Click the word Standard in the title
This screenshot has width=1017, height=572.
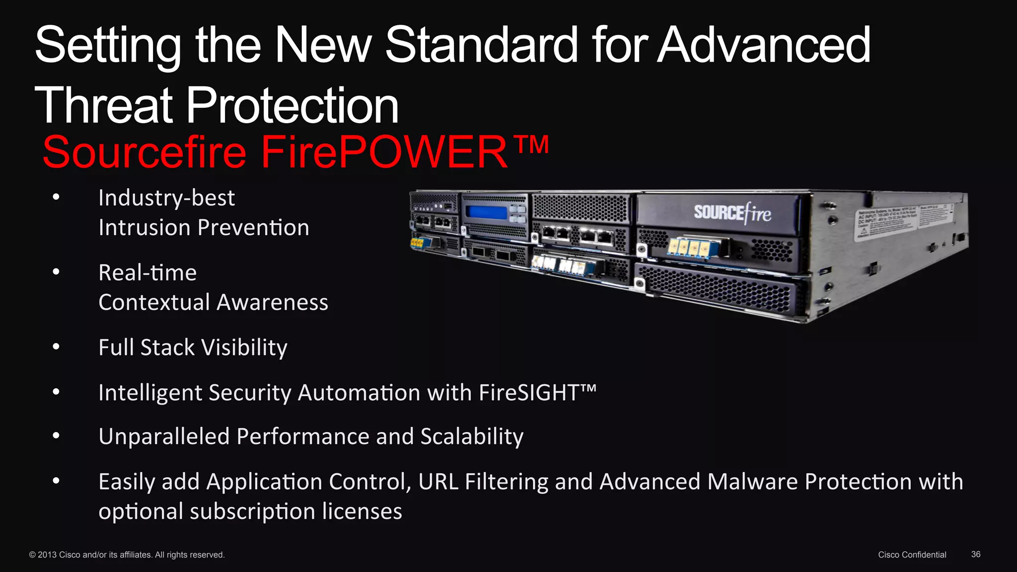tap(481, 45)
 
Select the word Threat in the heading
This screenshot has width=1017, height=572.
tap(103, 105)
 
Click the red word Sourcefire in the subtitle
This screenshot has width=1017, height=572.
tap(144, 152)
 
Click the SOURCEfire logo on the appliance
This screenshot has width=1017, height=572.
tap(732, 213)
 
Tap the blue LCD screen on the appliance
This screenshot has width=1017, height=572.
tap(486, 213)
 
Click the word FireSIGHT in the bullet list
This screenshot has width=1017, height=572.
tap(529, 393)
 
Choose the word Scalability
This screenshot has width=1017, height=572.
tap(472, 437)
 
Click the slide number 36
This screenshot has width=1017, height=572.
tap(975, 554)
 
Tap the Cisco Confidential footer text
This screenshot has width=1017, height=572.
tap(912, 555)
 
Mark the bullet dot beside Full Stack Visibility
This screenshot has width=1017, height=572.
tap(56, 347)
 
